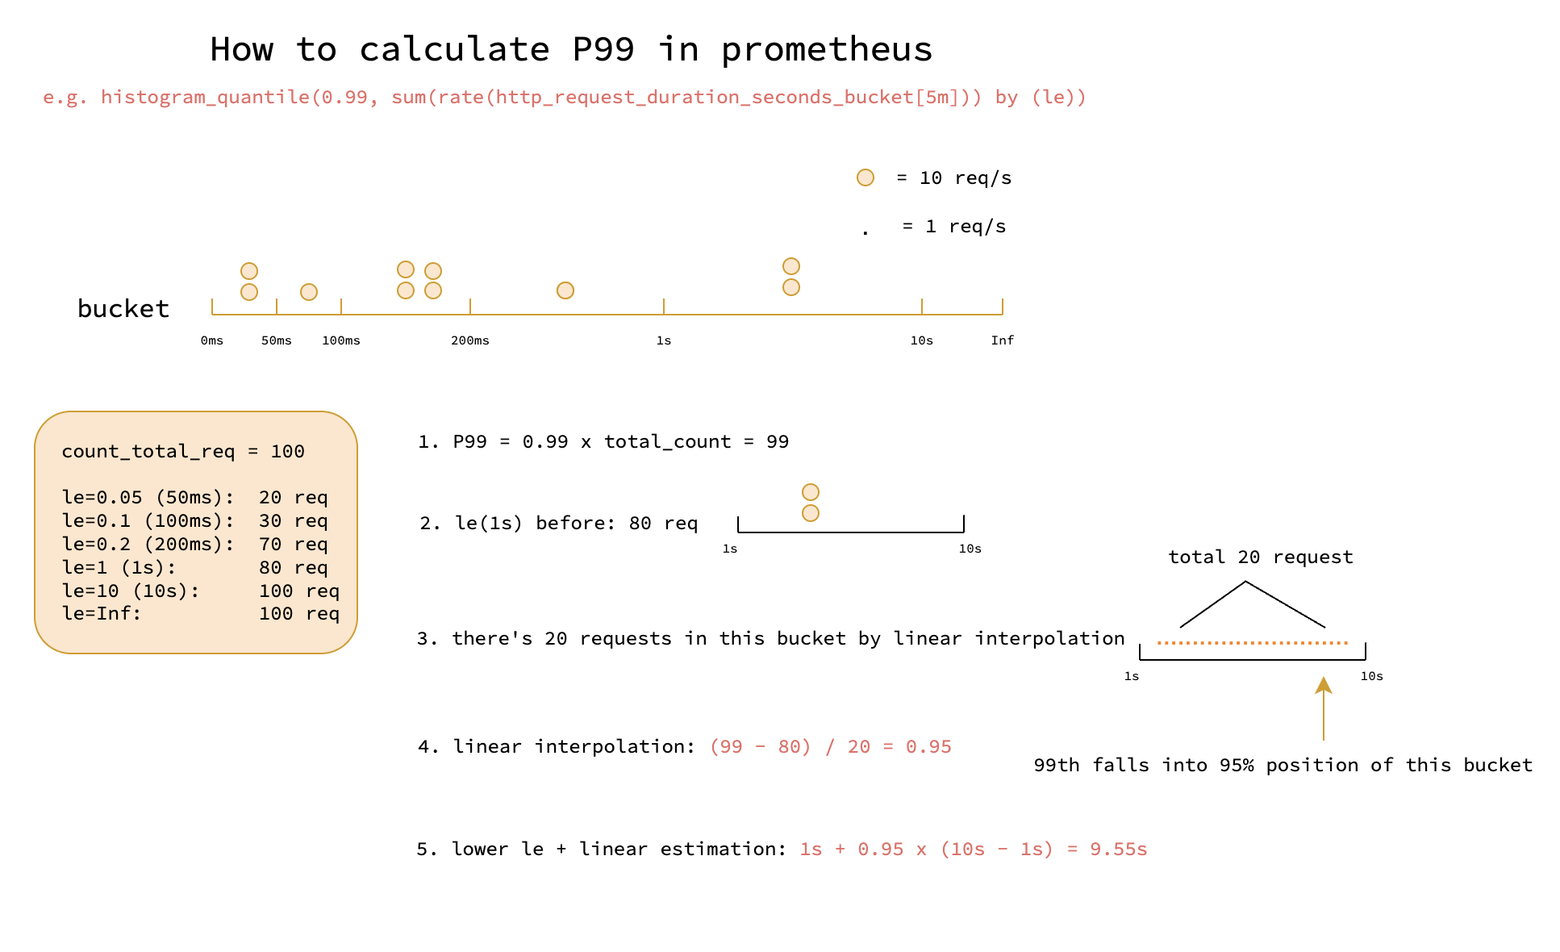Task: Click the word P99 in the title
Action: coord(603,49)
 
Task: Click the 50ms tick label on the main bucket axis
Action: coord(277,340)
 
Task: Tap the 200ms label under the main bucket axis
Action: coord(470,340)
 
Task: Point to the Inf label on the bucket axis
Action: coord(1003,340)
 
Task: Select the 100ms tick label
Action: coord(341,340)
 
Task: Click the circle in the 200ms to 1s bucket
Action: coord(565,290)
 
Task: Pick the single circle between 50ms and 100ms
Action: coord(309,292)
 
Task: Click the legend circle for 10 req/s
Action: coord(866,177)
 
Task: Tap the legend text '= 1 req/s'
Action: coord(954,227)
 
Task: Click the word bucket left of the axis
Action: coord(123,309)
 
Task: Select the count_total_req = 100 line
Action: coord(183,452)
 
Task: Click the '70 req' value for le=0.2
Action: coord(294,545)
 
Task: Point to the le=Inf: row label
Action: coord(102,614)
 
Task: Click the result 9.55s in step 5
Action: coord(1119,850)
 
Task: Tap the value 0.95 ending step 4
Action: coord(928,747)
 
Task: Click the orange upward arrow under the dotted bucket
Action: coord(1324,708)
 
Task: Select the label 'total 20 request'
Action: coord(1261,557)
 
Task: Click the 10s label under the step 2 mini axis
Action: coord(970,549)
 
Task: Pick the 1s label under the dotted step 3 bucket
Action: coord(1132,676)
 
